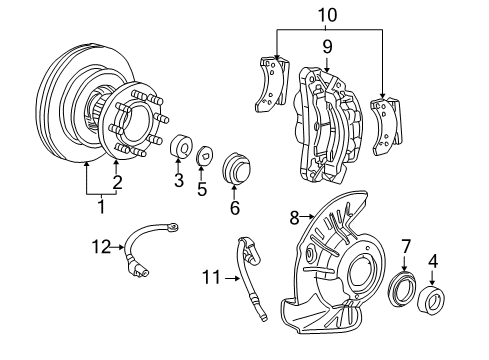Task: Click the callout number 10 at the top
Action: pyautogui.click(x=327, y=15)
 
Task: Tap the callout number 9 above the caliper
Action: pyautogui.click(x=327, y=46)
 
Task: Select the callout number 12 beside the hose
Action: pyautogui.click(x=101, y=247)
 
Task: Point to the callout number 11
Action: pyautogui.click(x=212, y=277)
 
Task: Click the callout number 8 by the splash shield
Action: pyautogui.click(x=294, y=218)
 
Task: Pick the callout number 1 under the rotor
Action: pyautogui.click(x=101, y=207)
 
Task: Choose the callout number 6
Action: pyautogui.click(x=235, y=208)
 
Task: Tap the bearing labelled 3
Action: pyautogui.click(x=181, y=145)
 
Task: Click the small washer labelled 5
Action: pyautogui.click(x=204, y=156)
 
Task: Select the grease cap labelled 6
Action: pyautogui.click(x=236, y=169)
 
